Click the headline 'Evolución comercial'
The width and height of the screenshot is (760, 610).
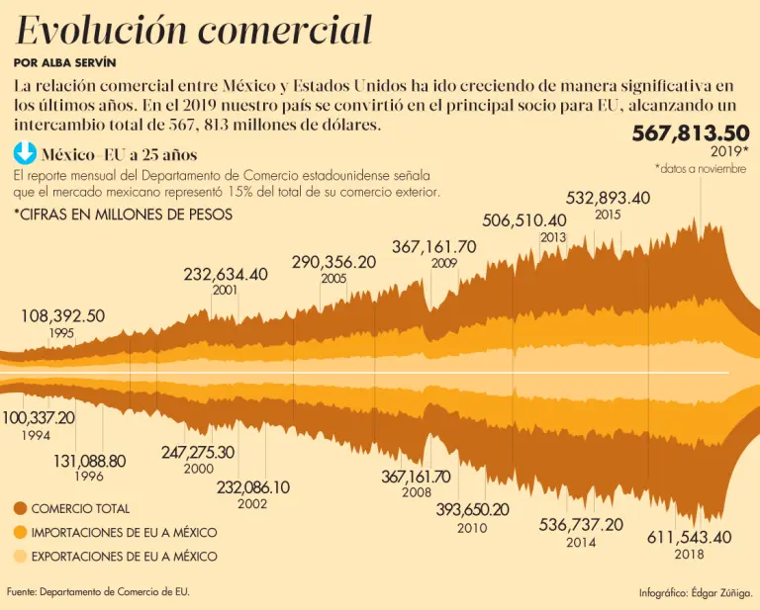(194, 31)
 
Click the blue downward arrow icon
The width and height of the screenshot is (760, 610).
(25, 153)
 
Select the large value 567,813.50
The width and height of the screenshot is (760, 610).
(691, 133)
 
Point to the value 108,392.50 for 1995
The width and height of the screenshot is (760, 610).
(62, 316)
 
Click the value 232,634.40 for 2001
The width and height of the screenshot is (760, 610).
(226, 274)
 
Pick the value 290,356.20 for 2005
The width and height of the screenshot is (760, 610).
(333, 262)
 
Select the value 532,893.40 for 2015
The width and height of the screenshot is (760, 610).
(608, 198)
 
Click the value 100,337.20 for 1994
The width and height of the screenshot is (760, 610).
(39, 418)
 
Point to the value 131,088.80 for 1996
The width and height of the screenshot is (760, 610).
(89, 461)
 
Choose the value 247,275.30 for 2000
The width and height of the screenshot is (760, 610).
(198, 452)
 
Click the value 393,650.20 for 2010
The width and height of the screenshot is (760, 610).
(472, 510)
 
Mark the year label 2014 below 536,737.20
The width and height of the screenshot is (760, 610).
(581, 543)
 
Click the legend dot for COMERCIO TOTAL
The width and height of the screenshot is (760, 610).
(20, 509)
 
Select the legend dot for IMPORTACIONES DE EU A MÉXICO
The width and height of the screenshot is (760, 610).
(20, 533)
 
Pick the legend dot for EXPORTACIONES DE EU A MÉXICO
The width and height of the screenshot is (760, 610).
(20, 557)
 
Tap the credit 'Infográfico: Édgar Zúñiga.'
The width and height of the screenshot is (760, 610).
(696, 593)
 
